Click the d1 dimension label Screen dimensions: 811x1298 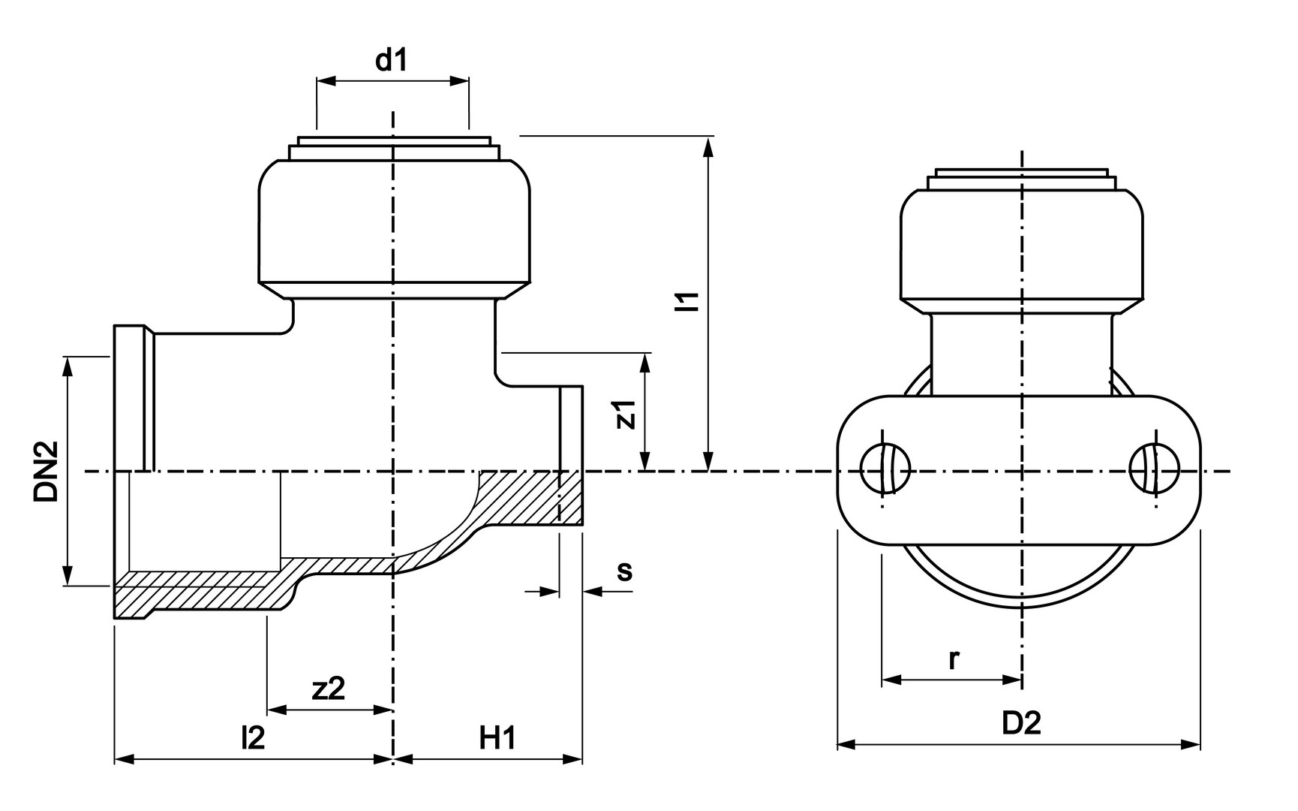point(391,60)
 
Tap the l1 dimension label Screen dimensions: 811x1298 point(688,300)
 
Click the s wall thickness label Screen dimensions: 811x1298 point(624,571)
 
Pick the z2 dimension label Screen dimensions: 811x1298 point(329,688)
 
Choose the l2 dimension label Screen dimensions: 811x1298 point(253,738)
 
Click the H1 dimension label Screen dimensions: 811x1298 point(497,738)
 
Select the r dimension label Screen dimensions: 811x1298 point(954,659)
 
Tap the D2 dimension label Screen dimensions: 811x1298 point(1022,723)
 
